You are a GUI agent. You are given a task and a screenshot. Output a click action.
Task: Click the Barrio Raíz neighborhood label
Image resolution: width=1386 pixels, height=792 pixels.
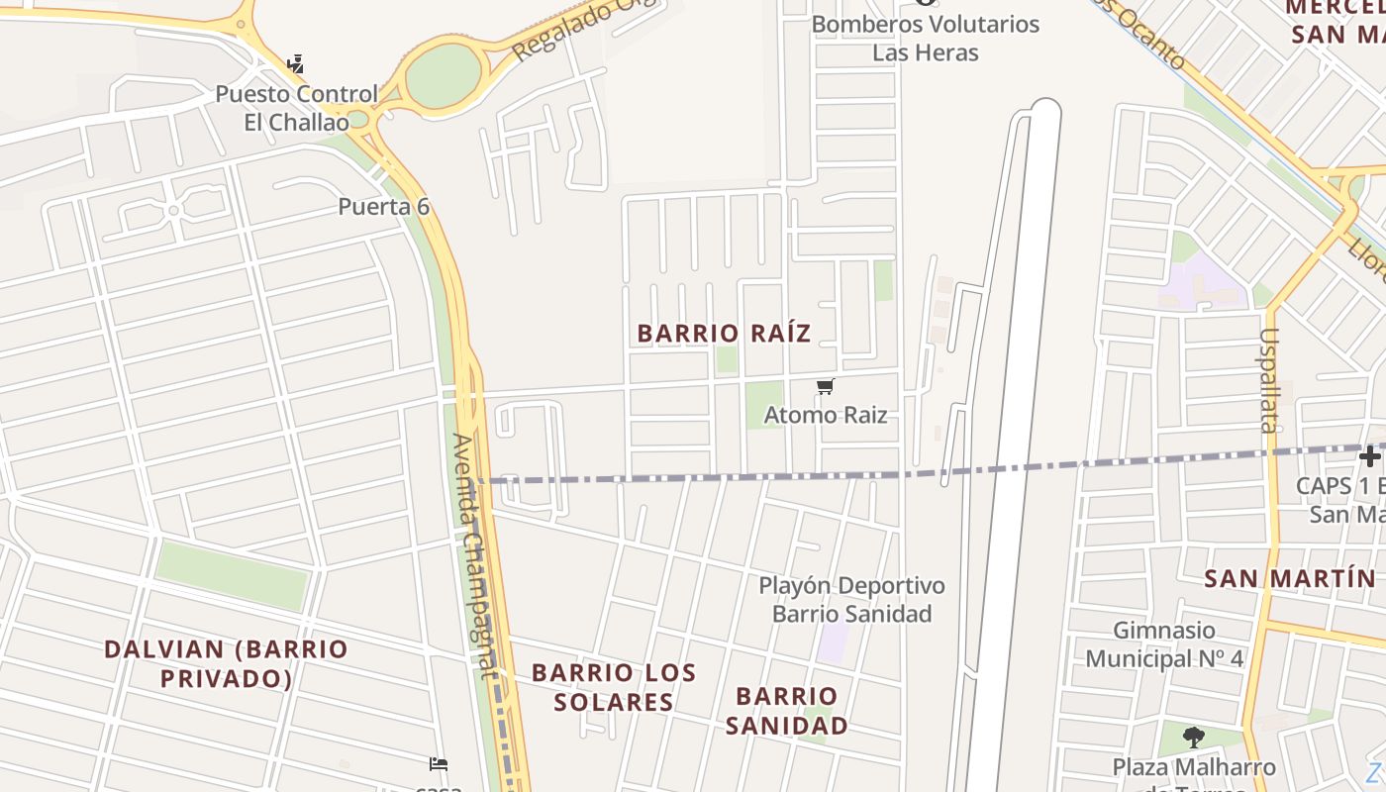(724, 333)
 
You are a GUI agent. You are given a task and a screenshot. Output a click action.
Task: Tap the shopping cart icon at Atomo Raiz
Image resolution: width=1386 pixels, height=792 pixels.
(825, 386)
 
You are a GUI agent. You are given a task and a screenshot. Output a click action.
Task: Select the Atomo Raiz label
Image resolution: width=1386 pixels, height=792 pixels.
(825, 415)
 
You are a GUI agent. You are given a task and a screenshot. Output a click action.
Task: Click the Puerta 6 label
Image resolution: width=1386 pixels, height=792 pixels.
(383, 207)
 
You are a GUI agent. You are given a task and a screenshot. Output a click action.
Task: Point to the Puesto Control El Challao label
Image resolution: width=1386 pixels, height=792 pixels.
(296, 108)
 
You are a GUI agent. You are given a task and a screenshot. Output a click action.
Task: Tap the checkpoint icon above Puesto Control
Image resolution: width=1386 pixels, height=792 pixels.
(295, 65)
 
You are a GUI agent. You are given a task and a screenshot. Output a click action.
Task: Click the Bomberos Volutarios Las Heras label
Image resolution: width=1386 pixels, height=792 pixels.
(926, 38)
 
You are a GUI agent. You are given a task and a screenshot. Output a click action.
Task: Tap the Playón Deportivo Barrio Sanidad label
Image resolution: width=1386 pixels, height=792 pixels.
(851, 599)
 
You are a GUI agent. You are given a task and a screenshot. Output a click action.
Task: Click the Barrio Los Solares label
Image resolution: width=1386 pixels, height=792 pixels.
(614, 687)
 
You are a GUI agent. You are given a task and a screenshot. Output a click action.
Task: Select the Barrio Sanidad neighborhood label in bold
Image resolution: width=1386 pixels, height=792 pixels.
(787, 710)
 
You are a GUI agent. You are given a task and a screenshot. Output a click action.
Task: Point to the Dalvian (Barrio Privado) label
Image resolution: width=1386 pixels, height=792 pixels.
(226, 663)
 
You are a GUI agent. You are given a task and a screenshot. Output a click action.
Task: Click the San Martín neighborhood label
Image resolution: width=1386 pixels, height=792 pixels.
(1289, 579)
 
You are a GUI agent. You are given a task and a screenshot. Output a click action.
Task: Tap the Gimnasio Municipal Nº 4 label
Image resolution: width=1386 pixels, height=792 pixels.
(1164, 643)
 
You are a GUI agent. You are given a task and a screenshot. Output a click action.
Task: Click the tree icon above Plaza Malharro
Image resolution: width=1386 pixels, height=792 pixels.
(1194, 737)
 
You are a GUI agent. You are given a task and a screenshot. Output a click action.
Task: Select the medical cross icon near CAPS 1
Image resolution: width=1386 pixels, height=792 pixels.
(1369, 456)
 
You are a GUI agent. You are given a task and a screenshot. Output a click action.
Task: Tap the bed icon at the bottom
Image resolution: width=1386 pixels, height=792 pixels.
(439, 763)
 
